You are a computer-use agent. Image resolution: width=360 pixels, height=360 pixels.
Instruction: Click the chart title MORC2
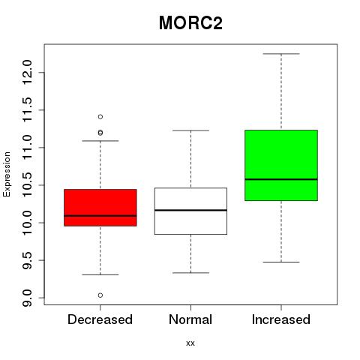[x=190, y=23]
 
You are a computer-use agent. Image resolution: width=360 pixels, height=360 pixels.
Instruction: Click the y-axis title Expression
[x=7, y=174]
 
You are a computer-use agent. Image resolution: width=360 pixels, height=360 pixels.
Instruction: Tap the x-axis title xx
[x=190, y=343]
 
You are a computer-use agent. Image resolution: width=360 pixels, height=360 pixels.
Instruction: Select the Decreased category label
[x=100, y=319]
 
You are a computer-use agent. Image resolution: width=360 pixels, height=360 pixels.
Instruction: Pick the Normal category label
[x=190, y=319]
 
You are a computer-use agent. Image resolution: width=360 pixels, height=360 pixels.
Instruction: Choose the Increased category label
[x=281, y=319]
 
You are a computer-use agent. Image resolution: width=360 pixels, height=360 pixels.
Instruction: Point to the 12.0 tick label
[x=27, y=73]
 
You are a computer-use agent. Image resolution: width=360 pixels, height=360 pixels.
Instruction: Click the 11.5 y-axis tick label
[x=27, y=110]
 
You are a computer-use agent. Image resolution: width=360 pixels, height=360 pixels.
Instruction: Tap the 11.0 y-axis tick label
[x=27, y=148]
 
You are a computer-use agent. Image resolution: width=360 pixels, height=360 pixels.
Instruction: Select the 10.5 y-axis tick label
[x=27, y=185]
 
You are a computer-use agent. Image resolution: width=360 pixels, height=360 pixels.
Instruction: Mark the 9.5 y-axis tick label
[x=27, y=260]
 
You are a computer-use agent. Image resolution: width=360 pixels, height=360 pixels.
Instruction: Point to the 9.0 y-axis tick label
[x=27, y=298]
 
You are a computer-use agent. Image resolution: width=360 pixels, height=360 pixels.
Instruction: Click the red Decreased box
[x=100, y=208]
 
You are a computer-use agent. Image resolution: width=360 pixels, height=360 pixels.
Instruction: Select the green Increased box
[x=281, y=165]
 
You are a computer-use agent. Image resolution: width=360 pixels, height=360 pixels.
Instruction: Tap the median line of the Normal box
[x=190, y=210]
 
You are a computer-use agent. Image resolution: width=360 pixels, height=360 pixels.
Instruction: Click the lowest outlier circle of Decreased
[x=100, y=295]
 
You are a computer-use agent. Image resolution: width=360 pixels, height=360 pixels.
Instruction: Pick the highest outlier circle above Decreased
[x=100, y=117]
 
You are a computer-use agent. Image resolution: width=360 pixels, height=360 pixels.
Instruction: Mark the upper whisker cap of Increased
[x=281, y=54]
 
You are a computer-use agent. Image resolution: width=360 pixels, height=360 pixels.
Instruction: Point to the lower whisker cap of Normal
[x=190, y=273]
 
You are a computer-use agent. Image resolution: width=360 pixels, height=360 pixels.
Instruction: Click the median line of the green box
[x=281, y=179]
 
